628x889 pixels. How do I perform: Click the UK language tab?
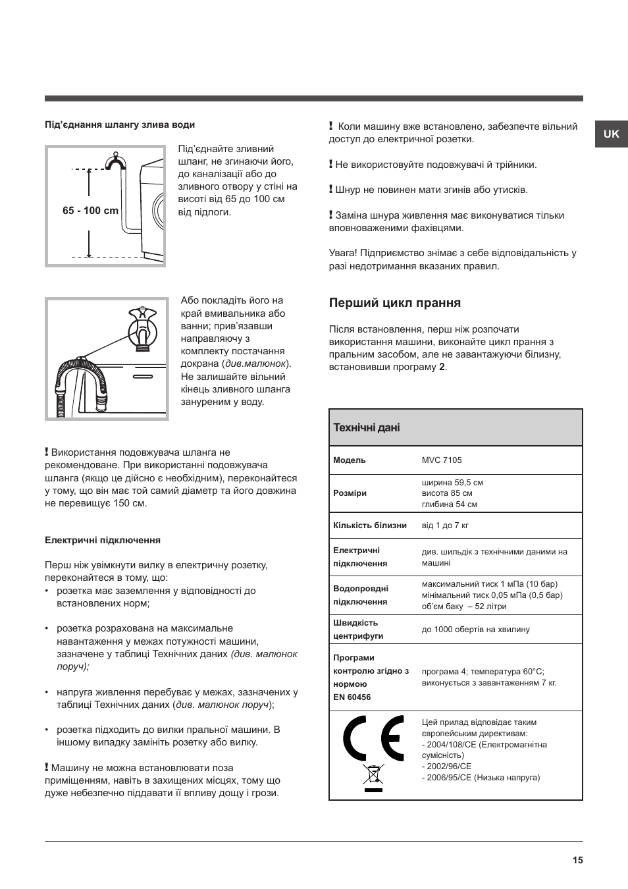coord(611,134)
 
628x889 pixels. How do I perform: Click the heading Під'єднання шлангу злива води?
coord(120,124)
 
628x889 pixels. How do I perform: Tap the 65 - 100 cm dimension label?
coord(90,211)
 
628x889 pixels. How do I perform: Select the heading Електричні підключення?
coord(103,540)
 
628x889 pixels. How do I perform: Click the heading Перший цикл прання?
coord(395,303)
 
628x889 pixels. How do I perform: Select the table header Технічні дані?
coord(366,427)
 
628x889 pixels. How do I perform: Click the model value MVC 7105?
coord(442,460)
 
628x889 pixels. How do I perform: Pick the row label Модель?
coord(350,460)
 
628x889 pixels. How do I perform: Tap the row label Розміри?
coord(350,493)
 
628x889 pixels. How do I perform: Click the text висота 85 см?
coord(447,493)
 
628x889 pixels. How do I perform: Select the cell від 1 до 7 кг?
coord(445,525)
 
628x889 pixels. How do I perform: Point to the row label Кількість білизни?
coord(369,525)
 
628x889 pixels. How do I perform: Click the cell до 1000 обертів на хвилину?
coord(475,630)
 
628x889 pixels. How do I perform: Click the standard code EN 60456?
coord(352,697)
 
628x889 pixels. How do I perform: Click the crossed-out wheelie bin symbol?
coord(373,777)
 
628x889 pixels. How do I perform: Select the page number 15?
coord(577,860)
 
